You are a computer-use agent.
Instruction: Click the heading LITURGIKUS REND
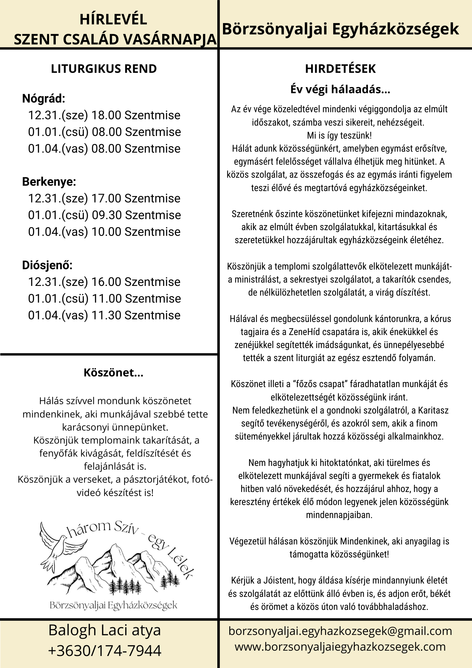pos(104,69)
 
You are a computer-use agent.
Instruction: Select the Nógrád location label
pos(43,99)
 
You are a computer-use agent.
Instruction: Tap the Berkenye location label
pos(49,182)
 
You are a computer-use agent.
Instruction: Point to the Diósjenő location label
pos(47,265)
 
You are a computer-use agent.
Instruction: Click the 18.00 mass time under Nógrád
pos(106,115)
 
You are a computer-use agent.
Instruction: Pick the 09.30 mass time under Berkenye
pos(106,215)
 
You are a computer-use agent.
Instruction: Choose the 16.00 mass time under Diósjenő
pos(106,282)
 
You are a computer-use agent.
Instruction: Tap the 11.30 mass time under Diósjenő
pos(106,315)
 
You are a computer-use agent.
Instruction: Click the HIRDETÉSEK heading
pos(340,69)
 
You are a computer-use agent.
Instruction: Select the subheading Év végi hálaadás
pos(340,89)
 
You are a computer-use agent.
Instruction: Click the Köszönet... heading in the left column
pos(113,373)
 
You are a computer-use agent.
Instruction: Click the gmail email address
pos(340,631)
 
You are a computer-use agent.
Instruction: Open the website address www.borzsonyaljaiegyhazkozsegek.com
pos(340,647)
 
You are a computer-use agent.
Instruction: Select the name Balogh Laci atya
pos(105,630)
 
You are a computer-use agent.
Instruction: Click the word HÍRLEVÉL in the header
pos(113,19)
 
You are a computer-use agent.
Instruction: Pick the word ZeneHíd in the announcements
pos(304,332)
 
